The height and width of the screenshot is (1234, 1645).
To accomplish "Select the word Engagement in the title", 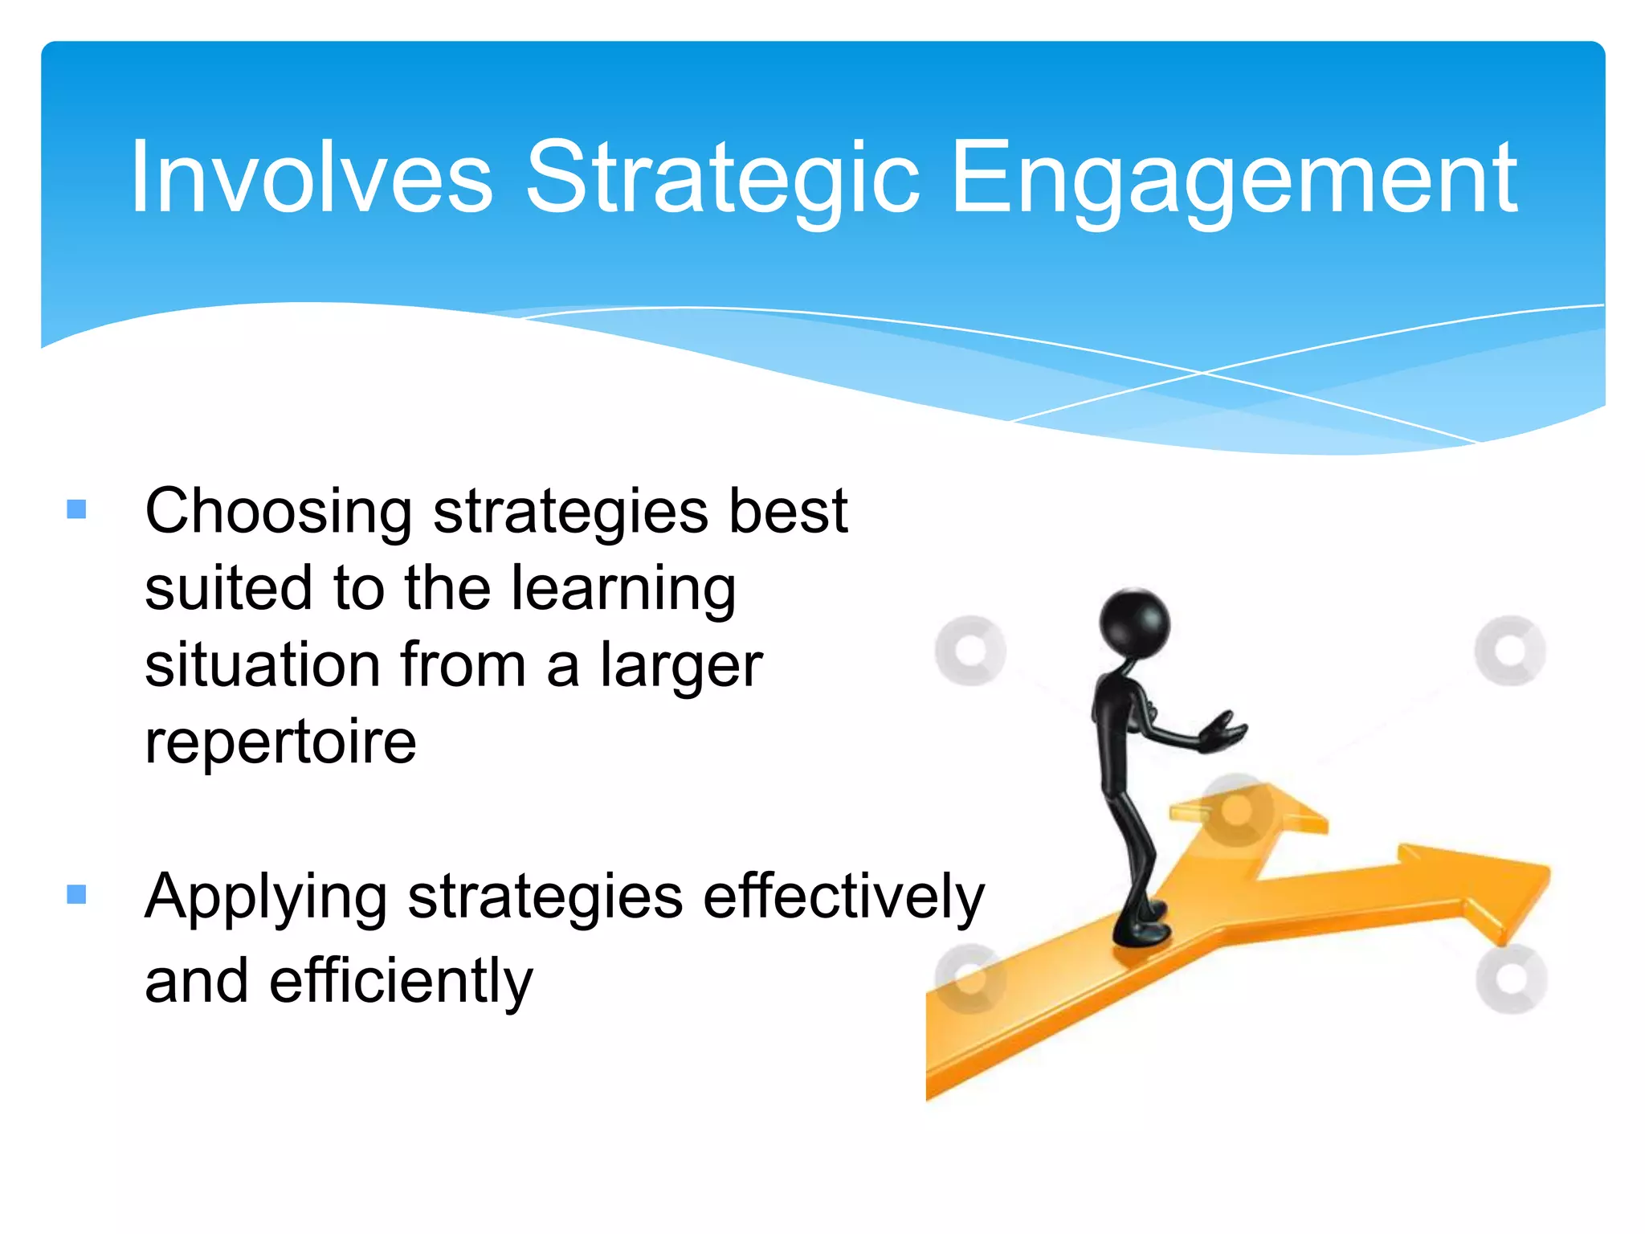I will point(1233,178).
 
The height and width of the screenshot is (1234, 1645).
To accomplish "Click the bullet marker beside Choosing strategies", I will point(77,509).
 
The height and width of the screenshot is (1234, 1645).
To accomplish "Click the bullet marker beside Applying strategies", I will point(77,894).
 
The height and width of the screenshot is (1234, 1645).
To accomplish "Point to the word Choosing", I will point(278,513).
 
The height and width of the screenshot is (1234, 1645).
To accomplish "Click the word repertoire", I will point(280,742).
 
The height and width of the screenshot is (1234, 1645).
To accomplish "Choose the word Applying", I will point(266,898).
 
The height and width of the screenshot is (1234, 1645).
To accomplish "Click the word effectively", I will point(843,897).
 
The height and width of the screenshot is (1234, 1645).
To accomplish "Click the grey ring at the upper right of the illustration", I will point(1510,651).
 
